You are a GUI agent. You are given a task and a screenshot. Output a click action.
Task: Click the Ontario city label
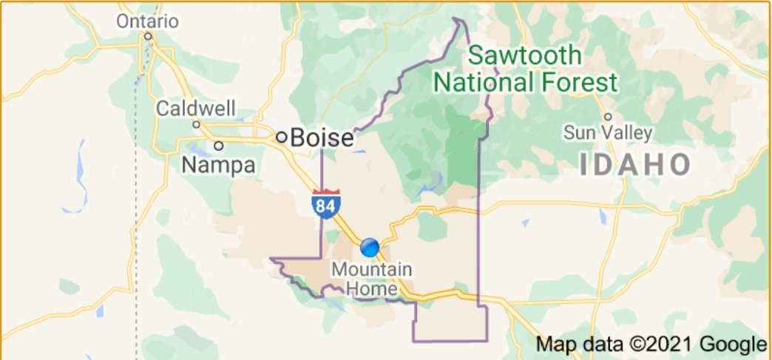point(147,21)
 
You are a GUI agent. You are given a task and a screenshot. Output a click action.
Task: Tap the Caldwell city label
point(195,109)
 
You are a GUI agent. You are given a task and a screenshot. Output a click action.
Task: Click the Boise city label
point(322,137)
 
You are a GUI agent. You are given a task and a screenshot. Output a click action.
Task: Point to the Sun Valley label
point(608,133)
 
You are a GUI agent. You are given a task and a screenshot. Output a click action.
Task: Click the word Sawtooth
point(525,55)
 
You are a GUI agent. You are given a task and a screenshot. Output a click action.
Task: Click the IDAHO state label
point(634,165)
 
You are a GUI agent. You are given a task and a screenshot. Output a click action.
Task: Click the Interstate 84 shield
point(325,203)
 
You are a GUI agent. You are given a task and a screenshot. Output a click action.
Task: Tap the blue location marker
point(370,246)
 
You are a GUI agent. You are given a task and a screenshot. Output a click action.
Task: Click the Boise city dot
point(281,137)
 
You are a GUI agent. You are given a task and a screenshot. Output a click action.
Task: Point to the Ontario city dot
point(148,35)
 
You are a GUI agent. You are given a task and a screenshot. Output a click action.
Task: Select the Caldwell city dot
point(196,124)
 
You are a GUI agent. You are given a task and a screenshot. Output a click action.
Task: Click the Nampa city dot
point(219,146)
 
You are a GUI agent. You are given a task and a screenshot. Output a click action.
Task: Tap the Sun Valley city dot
point(608,116)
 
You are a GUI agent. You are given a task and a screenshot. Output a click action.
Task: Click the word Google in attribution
point(737,344)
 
